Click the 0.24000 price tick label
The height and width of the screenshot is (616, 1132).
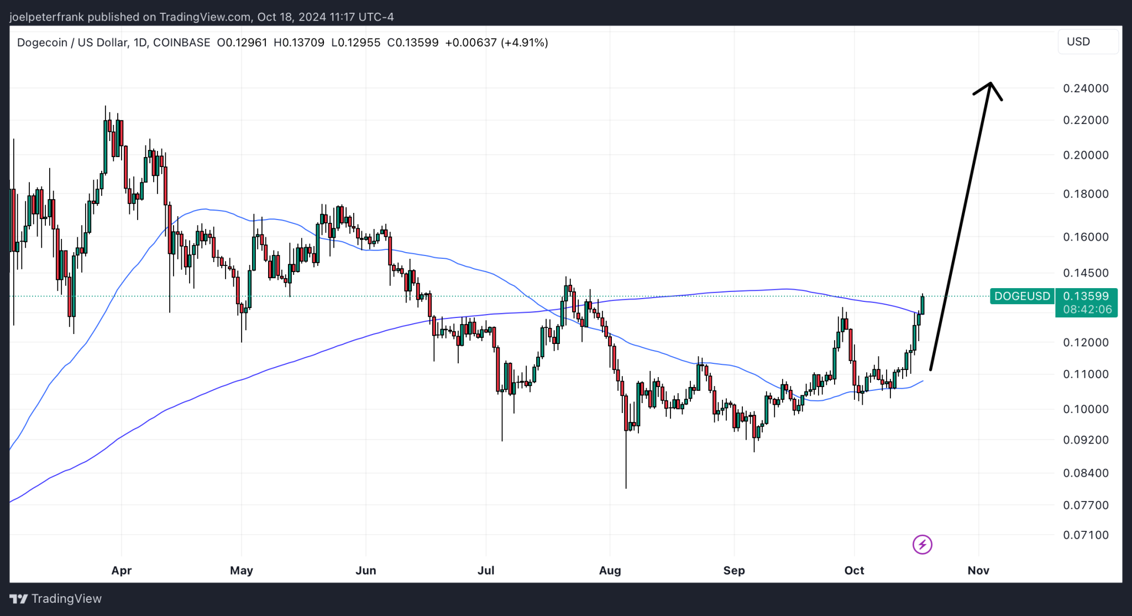[1086, 88]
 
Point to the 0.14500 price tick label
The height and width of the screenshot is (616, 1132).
[1086, 273]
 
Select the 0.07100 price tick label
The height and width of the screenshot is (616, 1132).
[1086, 535]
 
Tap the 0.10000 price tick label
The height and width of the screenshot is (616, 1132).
[1086, 409]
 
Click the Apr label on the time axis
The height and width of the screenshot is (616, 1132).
[121, 570]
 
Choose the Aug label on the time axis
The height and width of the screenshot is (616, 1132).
[610, 570]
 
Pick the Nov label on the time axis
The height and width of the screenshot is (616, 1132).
[978, 570]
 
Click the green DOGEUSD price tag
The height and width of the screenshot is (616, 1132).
[1021, 296]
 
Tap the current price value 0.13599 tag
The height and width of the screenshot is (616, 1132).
[1086, 296]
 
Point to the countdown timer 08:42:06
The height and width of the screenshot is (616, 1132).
[1086, 310]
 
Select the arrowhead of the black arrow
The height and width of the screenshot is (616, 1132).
[990, 85]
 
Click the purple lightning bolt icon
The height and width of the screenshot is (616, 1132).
[922, 545]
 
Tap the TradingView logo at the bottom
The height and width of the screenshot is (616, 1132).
[56, 599]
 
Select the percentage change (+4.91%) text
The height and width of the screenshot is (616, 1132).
[524, 43]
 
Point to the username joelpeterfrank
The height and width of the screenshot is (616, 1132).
[46, 17]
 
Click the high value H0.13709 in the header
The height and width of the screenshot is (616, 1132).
[299, 43]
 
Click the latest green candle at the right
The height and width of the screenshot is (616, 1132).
[922, 305]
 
